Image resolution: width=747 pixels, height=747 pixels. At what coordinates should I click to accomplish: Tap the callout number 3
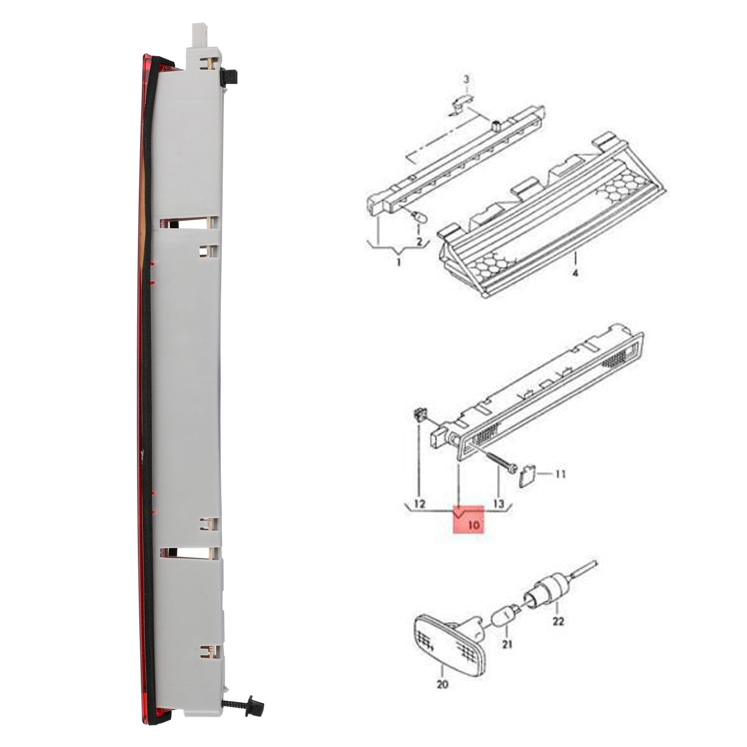click(466, 79)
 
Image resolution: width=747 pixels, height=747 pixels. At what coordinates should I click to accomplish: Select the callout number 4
click(575, 273)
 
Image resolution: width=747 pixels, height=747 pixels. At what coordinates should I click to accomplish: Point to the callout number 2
click(419, 242)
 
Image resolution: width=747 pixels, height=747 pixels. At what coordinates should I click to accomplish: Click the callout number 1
click(398, 262)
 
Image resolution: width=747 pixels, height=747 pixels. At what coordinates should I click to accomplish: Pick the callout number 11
click(560, 474)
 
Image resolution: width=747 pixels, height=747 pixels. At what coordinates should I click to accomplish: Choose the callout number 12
click(420, 504)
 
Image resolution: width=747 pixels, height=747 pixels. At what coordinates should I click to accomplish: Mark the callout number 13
click(499, 504)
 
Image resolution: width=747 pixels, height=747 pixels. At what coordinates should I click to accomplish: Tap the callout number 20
click(442, 684)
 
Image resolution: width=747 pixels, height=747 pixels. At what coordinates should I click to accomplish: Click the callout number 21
click(507, 644)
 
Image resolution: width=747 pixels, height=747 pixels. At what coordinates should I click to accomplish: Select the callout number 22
click(558, 621)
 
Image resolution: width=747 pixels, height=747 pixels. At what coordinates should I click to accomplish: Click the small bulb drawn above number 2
click(418, 217)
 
